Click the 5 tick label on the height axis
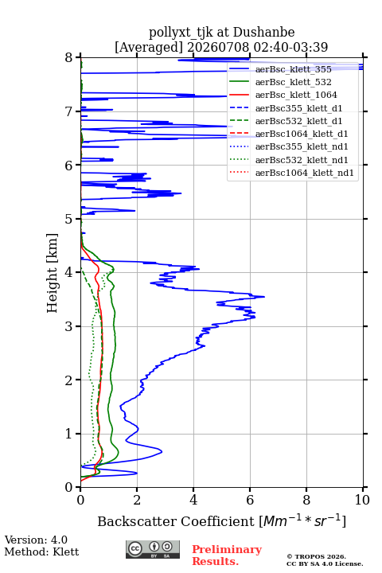click(x=69, y=219)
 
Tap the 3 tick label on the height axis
click(x=69, y=326)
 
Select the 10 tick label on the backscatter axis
click(x=362, y=500)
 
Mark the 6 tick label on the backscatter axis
click(x=250, y=500)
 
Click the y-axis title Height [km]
click(x=53, y=273)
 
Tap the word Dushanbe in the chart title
click(x=264, y=33)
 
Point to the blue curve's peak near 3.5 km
click(x=264, y=297)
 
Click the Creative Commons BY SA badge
click(x=153, y=549)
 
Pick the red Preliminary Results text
click(x=227, y=555)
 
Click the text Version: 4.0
click(x=36, y=540)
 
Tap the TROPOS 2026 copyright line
click(x=317, y=556)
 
